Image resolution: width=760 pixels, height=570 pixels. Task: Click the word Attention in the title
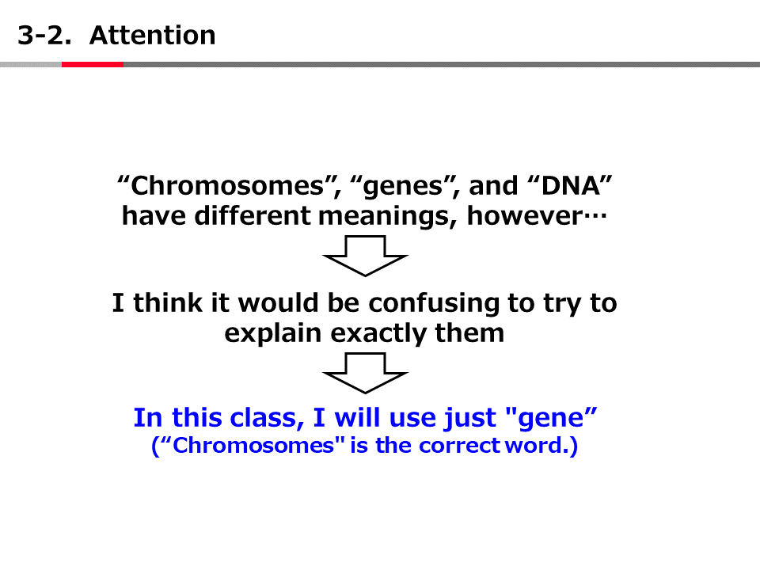152,36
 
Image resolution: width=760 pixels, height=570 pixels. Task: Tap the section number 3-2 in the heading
44,36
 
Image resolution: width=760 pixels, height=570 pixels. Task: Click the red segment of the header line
93,64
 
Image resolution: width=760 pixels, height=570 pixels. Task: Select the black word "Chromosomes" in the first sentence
227,185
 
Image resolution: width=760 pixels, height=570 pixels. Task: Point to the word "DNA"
569,185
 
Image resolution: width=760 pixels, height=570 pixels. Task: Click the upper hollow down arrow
365,256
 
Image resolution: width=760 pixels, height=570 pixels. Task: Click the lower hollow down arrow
365,373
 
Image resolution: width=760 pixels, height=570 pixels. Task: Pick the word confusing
434,304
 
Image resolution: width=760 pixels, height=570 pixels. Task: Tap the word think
168,303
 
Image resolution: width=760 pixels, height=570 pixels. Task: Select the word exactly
378,334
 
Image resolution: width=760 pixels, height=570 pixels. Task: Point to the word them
469,333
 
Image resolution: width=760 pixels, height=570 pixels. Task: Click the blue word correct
459,446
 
